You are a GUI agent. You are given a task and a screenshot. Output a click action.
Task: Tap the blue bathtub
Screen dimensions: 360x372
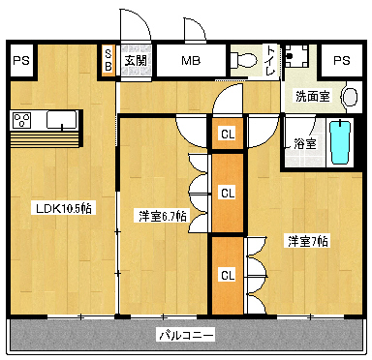339,143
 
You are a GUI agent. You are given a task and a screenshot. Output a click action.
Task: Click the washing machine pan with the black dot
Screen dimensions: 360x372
301,57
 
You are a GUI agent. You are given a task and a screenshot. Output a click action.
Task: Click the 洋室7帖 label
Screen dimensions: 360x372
307,240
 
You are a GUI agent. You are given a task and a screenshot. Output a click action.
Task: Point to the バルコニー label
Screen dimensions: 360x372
186,336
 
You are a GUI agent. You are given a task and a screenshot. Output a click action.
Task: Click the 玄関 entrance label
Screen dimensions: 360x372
135,60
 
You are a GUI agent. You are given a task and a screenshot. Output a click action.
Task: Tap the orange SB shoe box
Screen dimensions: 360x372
108,60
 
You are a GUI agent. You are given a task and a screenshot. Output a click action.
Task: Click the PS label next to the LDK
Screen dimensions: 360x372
21,60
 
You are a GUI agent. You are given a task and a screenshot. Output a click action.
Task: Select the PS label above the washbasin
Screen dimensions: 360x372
340,60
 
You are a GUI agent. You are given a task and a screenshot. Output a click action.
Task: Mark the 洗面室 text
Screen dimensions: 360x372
312,97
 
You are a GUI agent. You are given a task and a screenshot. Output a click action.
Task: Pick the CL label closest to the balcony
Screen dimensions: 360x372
227,274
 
